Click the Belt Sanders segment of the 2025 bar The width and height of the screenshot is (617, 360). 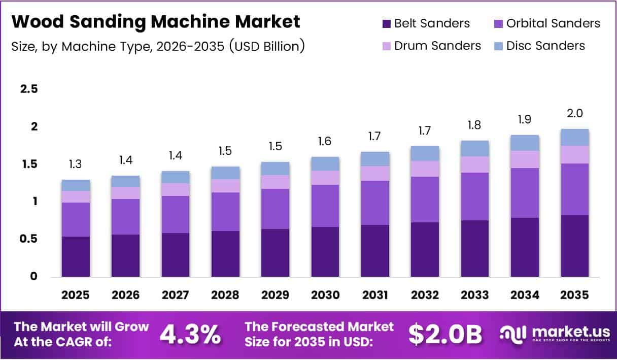pyautogui.click(x=76, y=256)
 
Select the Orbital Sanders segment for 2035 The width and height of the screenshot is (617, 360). pyautogui.click(x=575, y=189)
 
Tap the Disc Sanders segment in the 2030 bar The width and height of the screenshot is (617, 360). pyautogui.click(x=325, y=163)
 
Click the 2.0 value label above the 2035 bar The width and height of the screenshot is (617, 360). pyautogui.click(x=575, y=114)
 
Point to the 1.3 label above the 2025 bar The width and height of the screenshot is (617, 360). pyautogui.click(x=76, y=165)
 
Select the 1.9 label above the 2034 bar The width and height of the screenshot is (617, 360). pyautogui.click(x=525, y=120)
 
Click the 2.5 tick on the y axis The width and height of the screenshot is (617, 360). pyautogui.click(x=28, y=89)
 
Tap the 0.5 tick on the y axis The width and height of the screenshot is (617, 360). pyautogui.click(x=28, y=239)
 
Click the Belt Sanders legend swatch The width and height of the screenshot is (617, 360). pyautogui.click(x=386, y=23)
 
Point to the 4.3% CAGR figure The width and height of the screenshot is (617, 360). pyautogui.click(x=190, y=334)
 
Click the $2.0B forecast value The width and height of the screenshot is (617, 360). pyautogui.click(x=445, y=334)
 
